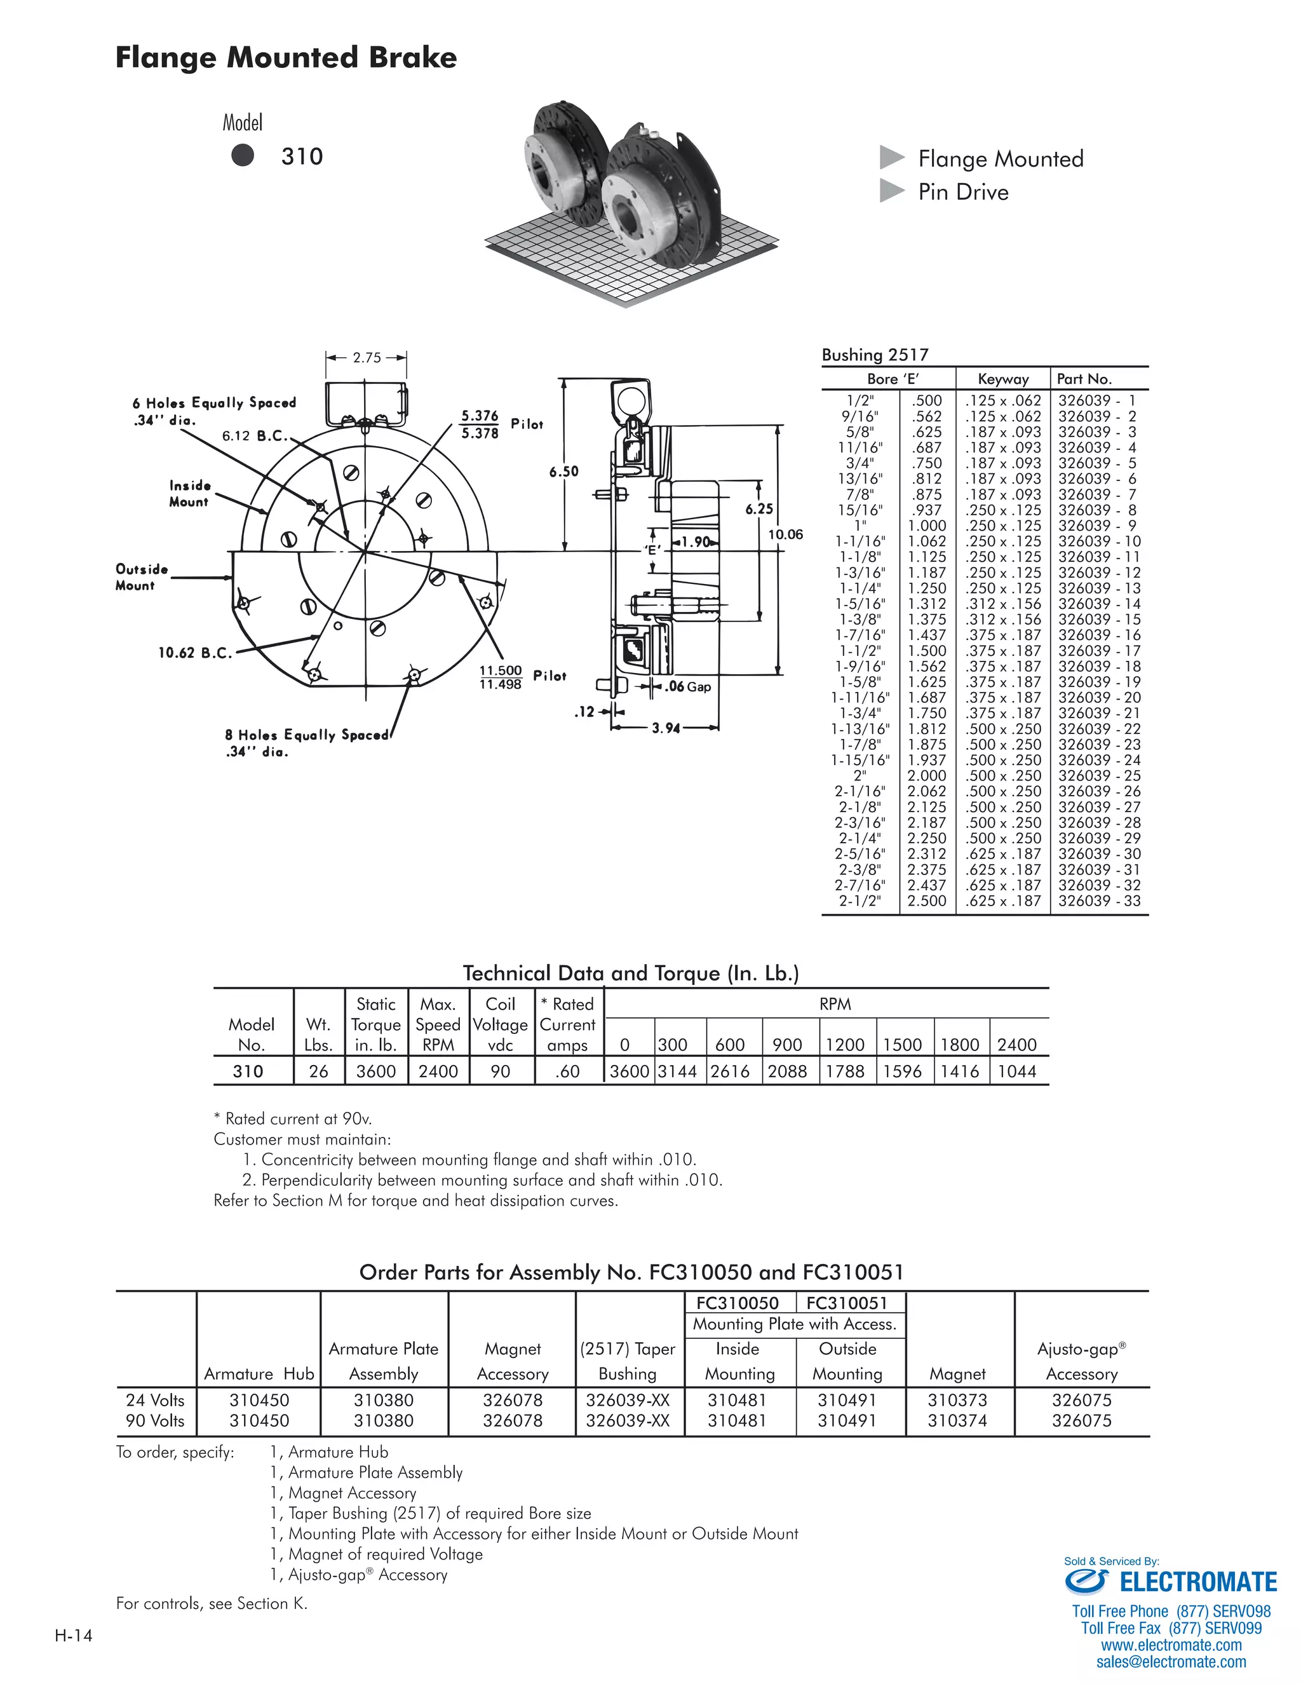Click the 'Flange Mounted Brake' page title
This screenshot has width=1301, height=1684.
(x=285, y=58)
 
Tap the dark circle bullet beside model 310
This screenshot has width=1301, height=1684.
(x=243, y=156)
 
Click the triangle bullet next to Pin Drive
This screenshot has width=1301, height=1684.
(x=892, y=191)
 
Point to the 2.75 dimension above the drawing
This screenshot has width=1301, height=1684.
(x=367, y=358)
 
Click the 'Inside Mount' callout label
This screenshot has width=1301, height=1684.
(x=189, y=494)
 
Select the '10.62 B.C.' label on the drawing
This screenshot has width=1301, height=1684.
(x=194, y=653)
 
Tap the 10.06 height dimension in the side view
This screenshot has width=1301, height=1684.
(x=785, y=534)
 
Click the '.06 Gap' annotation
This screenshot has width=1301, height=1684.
(x=688, y=686)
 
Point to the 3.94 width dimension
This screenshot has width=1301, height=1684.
(x=666, y=728)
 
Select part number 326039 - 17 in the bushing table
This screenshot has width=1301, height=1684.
(x=1099, y=651)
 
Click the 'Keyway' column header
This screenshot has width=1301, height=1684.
(x=1002, y=379)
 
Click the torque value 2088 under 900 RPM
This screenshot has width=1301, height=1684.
(x=788, y=1071)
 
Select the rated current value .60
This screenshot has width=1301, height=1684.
(x=567, y=1071)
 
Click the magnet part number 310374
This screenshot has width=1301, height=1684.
(x=957, y=1420)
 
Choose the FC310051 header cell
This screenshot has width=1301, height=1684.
(x=847, y=1303)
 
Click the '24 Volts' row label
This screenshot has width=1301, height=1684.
(x=155, y=1400)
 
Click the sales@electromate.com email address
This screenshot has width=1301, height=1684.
(x=1171, y=1662)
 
